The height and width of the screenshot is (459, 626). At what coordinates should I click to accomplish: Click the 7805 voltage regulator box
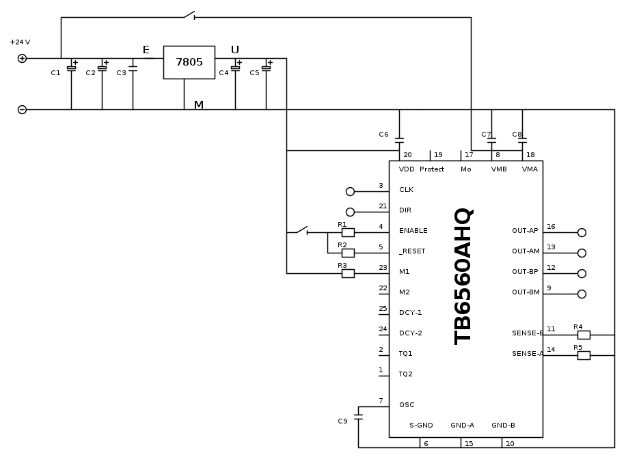(189, 62)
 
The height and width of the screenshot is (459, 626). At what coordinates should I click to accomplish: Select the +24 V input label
(20, 42)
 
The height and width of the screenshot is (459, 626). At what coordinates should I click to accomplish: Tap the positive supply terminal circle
(22, 59)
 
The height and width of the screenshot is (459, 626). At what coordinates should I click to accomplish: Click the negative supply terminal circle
(22, 109)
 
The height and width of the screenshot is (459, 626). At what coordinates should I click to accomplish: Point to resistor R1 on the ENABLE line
(348, 232)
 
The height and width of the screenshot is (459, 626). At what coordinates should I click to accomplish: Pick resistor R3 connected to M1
(348, 273)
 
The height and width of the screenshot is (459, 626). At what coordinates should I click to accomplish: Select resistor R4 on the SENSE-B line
(584, 335)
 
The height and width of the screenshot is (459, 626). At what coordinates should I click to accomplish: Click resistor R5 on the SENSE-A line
(584, 355)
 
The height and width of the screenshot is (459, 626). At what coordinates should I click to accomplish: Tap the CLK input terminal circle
(351, 192)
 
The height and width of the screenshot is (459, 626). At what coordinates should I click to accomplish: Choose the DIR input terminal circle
(351, 212)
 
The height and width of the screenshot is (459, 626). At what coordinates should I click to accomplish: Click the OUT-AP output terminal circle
(582, 232)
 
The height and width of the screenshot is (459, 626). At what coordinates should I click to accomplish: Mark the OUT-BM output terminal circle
(582, 294)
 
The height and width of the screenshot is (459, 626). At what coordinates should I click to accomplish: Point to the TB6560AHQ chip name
(463, 276)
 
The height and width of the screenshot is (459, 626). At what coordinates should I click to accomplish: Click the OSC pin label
(407, 405)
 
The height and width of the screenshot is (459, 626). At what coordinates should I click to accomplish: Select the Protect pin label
(432, 169)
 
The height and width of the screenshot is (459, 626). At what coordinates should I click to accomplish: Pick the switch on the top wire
(189, 15)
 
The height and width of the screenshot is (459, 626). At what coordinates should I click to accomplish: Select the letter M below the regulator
(199, 105)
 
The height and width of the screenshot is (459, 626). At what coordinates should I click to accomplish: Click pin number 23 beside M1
(383, 268)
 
